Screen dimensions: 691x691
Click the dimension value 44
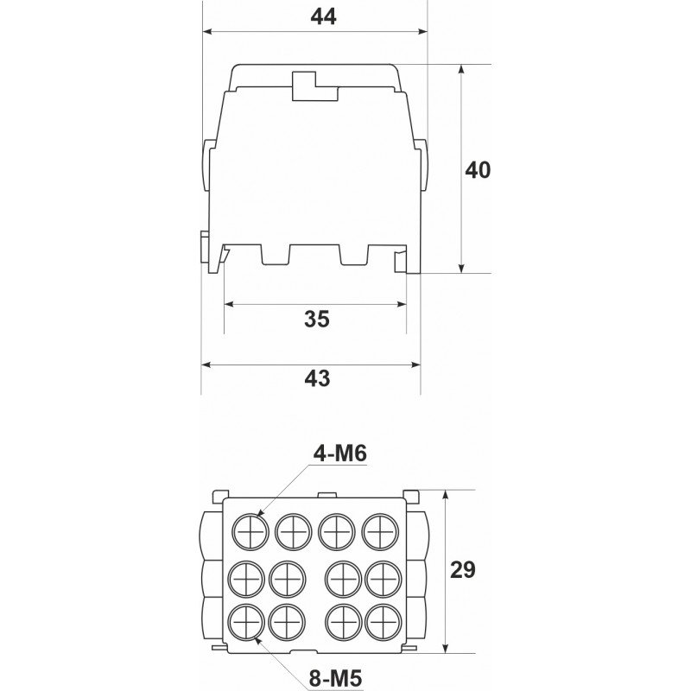coord(323,16)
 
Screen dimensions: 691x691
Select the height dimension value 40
coord(478,170)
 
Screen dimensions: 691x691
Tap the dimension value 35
coord(317,319)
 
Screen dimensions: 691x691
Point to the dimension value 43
coord(317,378)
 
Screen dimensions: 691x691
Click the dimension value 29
coord(463,570)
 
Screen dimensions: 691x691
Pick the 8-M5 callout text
coord(335,679)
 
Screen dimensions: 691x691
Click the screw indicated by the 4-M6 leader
coord(250,532)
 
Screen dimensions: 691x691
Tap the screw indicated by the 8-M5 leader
coord(246,623)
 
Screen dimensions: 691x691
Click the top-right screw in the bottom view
coord(380,532)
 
